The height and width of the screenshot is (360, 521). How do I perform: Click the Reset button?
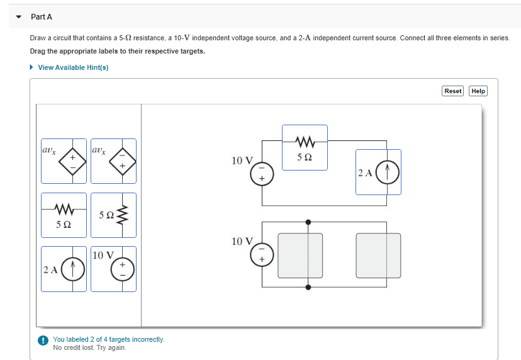(x=452, y=91)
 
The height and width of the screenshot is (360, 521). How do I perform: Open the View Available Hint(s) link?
(x=73, y=67)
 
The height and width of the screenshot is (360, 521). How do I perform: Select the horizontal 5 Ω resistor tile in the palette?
(x=64, y=215)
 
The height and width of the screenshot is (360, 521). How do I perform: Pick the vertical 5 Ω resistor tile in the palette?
(x=113, y=215)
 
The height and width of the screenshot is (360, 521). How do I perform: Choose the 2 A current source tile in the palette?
(x=64, y=269)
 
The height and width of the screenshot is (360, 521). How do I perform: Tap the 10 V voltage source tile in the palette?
(x=113, y=269)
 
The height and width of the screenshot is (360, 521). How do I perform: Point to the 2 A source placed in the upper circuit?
(x=378, y=172)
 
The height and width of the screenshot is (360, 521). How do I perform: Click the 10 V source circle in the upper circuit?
(x=263, y=173)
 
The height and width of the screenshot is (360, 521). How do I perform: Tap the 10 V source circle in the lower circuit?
(x=263, y=254)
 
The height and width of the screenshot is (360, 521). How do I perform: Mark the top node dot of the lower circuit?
(x=308, y=222)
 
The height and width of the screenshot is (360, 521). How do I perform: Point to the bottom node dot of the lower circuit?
(x=308, y=287)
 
